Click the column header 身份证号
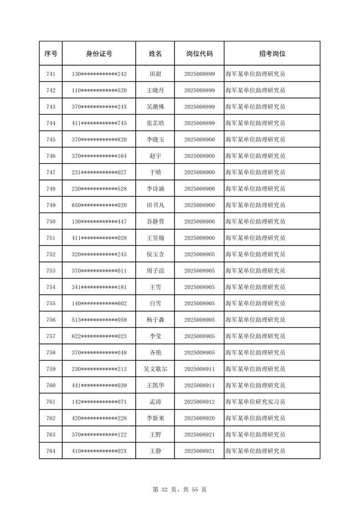[x=99, y=54]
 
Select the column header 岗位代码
[x=199, y=54]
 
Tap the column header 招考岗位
[x=272, y=54]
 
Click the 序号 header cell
[x=51, y=54]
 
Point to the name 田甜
[x=155, y=74]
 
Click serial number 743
[x=51, y=107]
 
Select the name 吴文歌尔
[x=155, y=369]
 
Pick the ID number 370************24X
[x=99, y=107]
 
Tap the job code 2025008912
[x=199, y=402]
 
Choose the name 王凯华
[x=155, y=385]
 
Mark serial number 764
[x=51, y=451]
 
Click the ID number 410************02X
[x=99, y=451]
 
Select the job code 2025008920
[x=199, y=419]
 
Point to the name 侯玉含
[x=155, y=255]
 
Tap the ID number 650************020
[x=99, y=205]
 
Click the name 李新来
[x=155, y=419]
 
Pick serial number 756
[x=51, y=320]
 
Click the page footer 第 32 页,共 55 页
[x=179, y=490]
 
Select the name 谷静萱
[x=155, y=222]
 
